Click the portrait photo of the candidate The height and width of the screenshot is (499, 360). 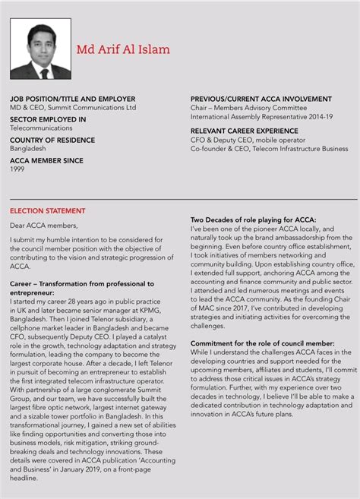(x=40, y=49)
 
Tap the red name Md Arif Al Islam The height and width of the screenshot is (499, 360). (x=123, y=49)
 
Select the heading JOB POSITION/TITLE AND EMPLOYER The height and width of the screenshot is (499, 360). (x=72, y=99)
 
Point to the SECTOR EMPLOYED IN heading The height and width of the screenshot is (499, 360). (x=48, y=119)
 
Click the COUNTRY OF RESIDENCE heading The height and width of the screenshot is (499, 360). (x=52, y=140)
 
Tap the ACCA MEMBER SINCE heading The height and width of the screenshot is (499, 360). (x=46, y=160)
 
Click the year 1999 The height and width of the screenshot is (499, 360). (x=17, y=169)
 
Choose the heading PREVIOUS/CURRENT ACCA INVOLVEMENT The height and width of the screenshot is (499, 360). (x=261, y=99)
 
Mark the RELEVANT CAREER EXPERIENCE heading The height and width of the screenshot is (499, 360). (x=244, y=131)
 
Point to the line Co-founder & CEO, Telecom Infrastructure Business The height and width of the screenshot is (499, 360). (x=269, y=149)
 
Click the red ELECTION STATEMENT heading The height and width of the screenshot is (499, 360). (x=48, y=210)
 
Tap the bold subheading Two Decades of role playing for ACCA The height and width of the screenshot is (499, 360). (x=253, y=219)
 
